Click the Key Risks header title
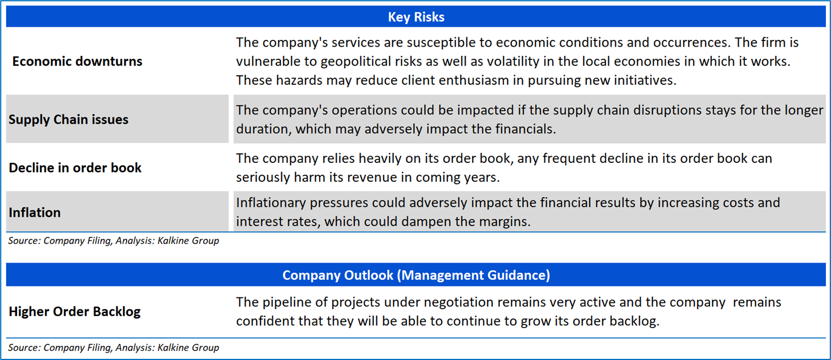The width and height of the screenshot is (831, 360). coord(416,17)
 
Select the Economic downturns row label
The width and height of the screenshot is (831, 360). coord(77,61)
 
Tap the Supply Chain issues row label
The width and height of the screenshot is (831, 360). coord(68,120)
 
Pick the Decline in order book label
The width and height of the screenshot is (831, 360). coord(75,167)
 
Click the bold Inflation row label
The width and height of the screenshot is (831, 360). coord(35,212)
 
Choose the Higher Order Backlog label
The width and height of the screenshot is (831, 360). coord(75,312)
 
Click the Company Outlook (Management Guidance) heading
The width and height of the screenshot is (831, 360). coord(416,275)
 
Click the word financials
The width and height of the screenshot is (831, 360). coord(522,129)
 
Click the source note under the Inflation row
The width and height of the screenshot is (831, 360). coord(113,241)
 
